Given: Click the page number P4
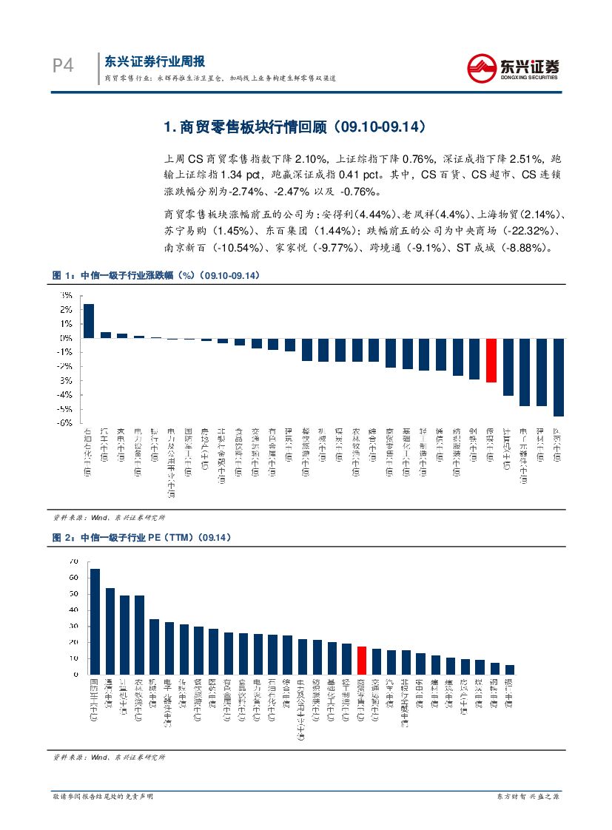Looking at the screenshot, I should tap(63, 66).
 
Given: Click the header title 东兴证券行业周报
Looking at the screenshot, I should tap(155, 61).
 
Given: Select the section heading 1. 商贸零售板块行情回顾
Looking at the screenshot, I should tap(294, 128).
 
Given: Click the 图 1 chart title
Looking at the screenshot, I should tap(155, 275).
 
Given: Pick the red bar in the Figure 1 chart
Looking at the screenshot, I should tap(491, 360).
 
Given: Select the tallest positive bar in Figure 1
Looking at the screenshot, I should tap(88, 321).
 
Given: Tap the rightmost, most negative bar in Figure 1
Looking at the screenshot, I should tap(559, 377).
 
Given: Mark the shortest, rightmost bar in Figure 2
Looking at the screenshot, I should tap(510, 669).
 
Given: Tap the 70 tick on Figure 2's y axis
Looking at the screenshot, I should tap(73, 562).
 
